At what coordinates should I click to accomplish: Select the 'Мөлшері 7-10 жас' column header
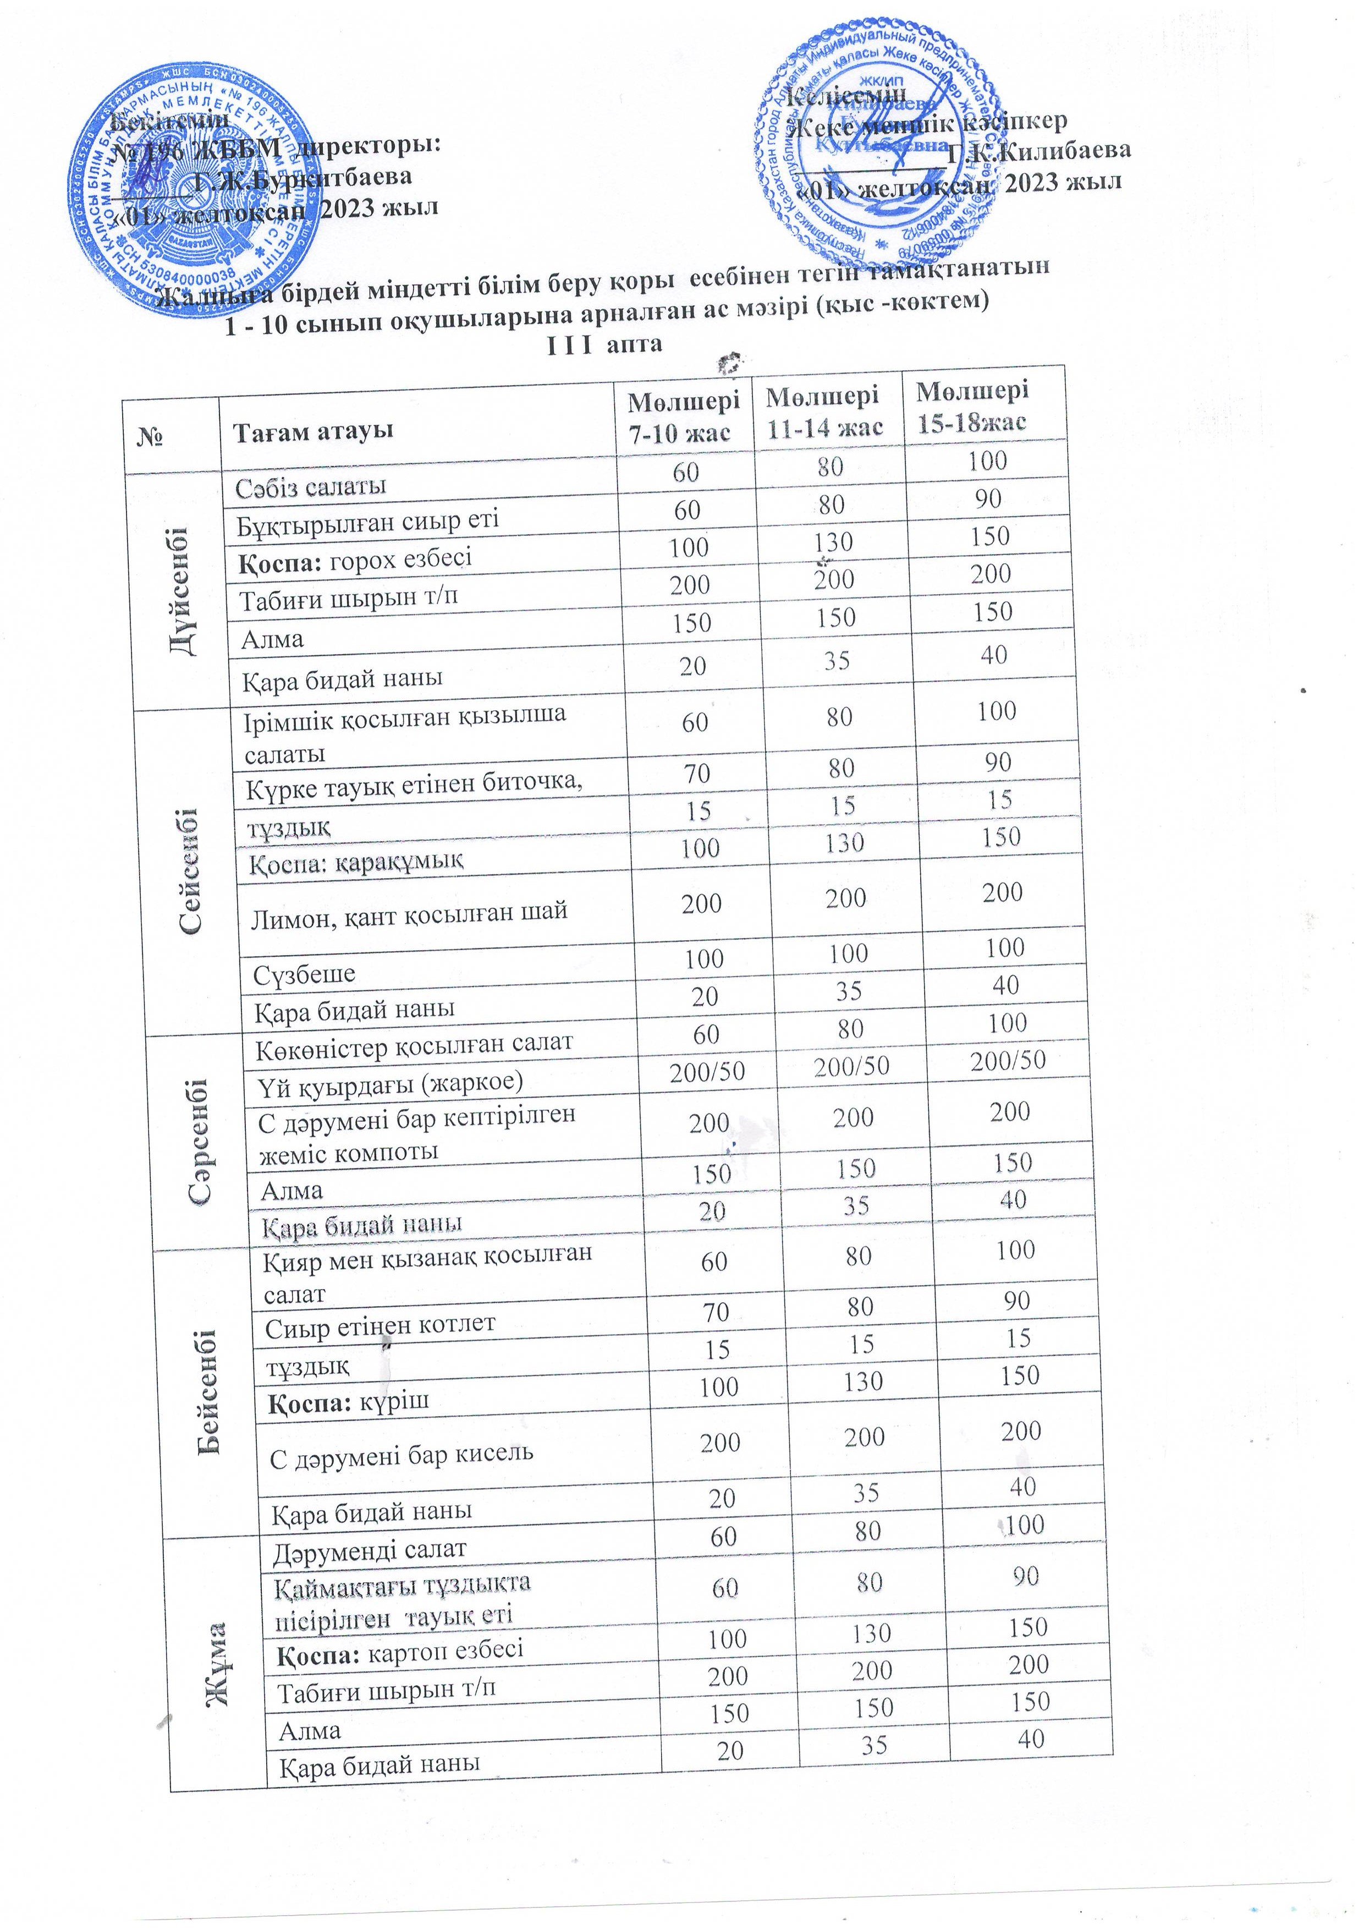[684, 417]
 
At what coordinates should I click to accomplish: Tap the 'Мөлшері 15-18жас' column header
[972, 406]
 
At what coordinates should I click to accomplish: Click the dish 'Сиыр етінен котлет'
[381, 1326]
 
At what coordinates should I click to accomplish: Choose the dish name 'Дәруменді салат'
[370, 1549]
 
